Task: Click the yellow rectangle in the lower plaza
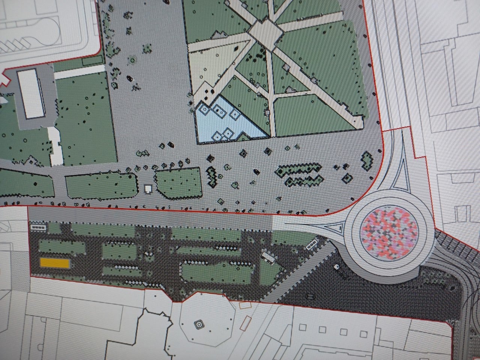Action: point(55,263)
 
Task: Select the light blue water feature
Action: point(225,122)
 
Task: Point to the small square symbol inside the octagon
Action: point(198,324)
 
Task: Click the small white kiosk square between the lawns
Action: point(148,189)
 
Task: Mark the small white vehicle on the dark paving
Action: point(336,267)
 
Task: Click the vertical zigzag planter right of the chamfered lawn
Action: point(213,177)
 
